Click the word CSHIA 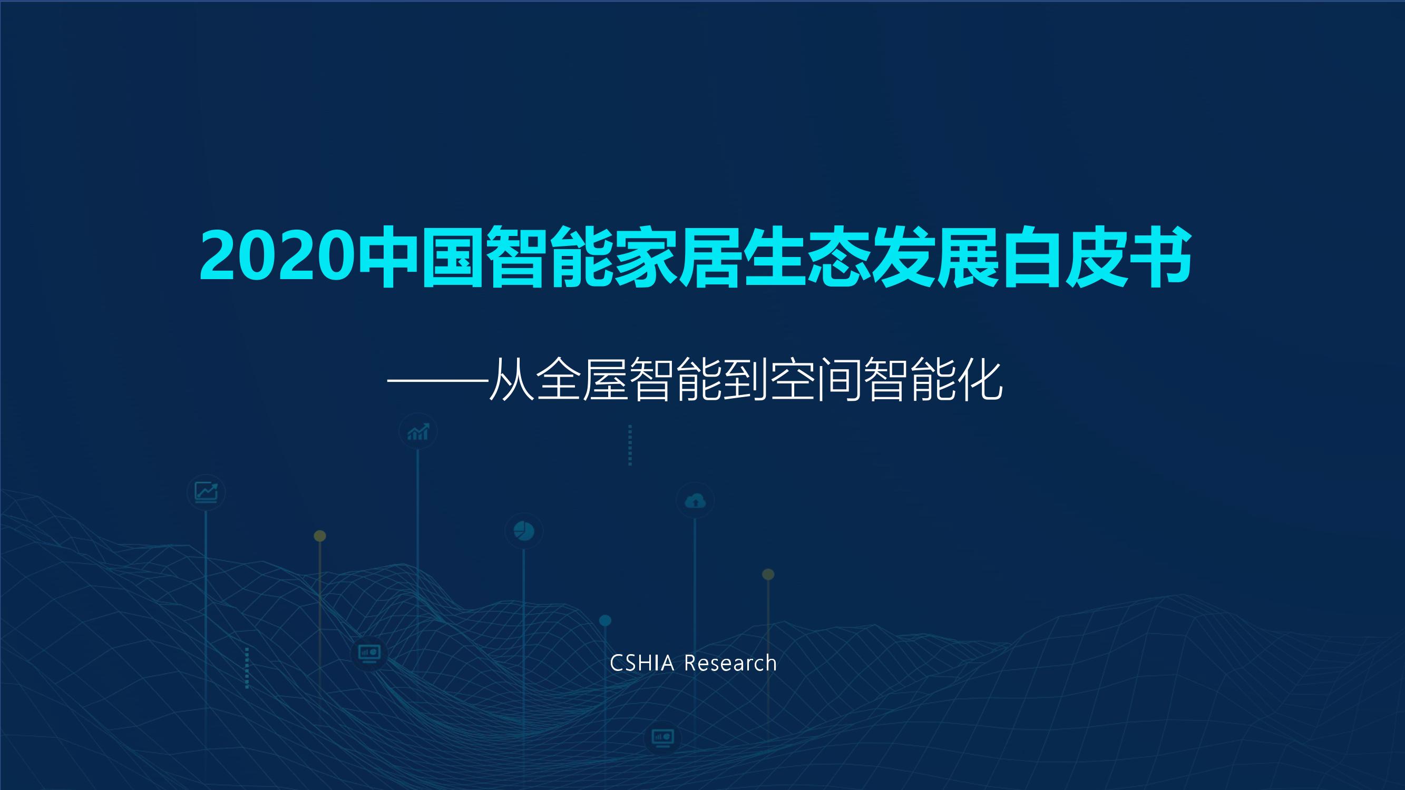pos(641,664)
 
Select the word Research pos(730,664)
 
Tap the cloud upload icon pos(695,500)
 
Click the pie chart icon pos(524,530)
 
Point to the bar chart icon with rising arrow pos(418,432)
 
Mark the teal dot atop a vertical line pos(605,620)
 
